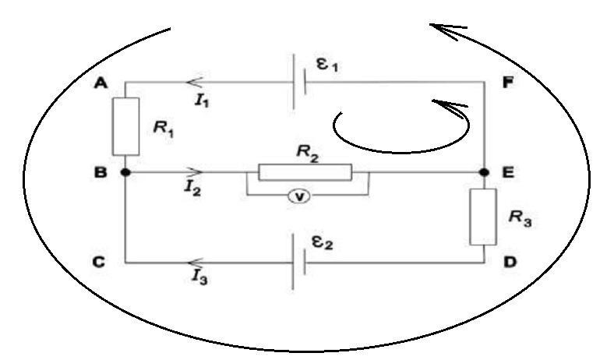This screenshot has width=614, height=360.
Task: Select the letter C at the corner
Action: click(99, 263)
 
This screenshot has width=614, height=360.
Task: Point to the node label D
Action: click(509, 263)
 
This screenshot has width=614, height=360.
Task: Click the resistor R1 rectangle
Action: click(125, 126)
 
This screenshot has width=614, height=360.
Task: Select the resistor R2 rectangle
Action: click(305, 171)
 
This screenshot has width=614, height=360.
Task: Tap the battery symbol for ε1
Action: click(298, 81)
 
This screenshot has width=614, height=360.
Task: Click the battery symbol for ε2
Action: click(297, 263)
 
